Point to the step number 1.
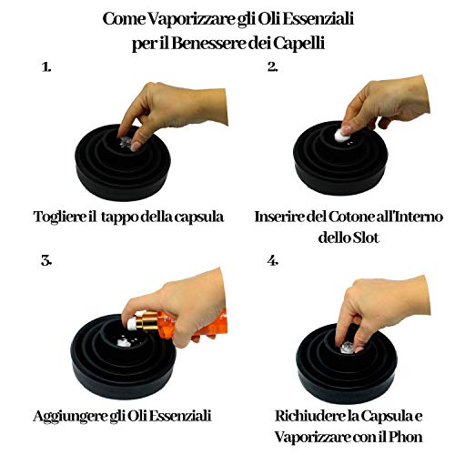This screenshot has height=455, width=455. [46, 67]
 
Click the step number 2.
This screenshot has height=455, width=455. [272, 67]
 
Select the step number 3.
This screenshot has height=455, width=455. [46, 261]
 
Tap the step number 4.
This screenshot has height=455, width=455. [272, 261]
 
